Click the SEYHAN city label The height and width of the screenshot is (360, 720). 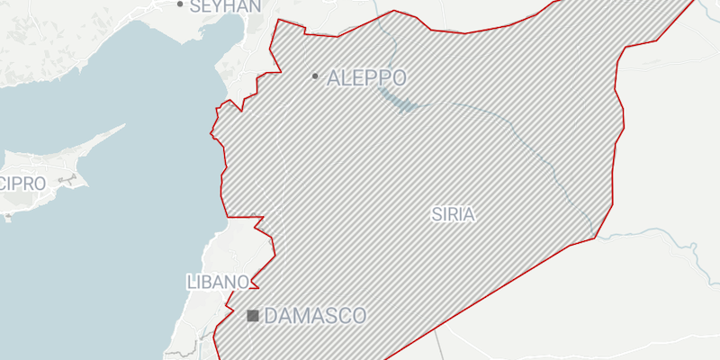(x=225, y=5)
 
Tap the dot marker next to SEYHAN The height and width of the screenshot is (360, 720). (x=180, y=4)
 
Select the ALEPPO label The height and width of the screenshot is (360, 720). (x=366, y=77)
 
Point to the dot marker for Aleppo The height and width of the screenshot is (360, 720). (x=314, y=76)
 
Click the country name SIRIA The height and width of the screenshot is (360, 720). (x=453, y=214)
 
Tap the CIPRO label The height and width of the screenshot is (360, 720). (x=22, y=184)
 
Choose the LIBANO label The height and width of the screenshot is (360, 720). (x=217, y=282)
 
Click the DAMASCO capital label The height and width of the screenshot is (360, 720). (x=316, y=316)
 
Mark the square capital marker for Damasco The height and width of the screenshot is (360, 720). (x=253, y=316)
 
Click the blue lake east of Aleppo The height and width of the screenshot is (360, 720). (x=396, y=98)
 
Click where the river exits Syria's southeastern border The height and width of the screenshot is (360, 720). (x=594, y=238)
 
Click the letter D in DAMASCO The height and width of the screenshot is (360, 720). (x=273, y=316)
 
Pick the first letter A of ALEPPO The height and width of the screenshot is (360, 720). (x=336, y=77)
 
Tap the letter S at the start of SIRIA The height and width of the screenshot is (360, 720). (x=436, y=214)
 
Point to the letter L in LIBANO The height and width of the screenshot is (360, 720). (x=192, y=282)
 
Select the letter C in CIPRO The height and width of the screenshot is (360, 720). (x=5, y=184)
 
